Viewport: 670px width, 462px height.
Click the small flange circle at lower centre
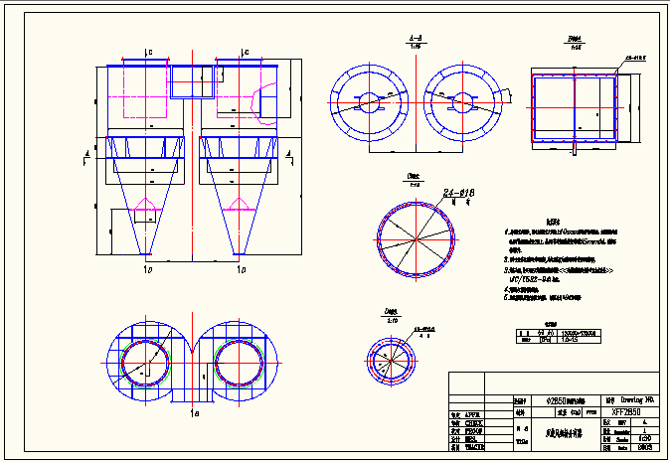click(391, 359)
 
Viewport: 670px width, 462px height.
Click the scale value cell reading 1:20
click(645, 438)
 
